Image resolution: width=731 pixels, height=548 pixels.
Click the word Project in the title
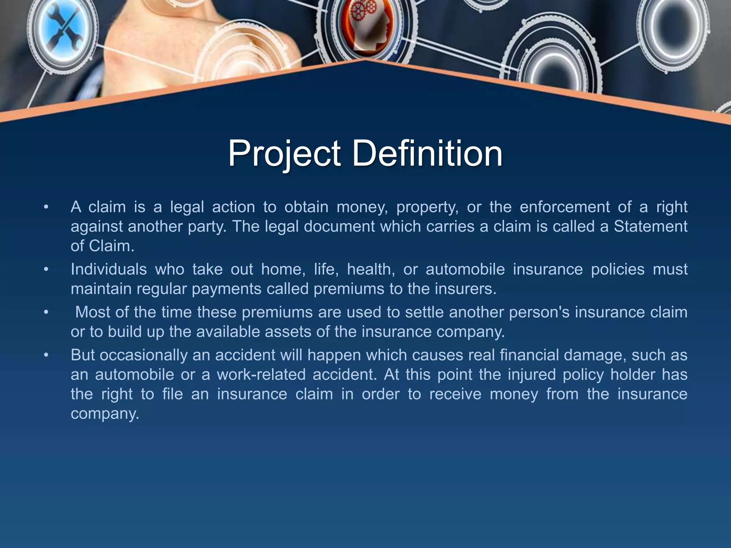284,154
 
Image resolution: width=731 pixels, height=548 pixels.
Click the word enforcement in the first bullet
564,207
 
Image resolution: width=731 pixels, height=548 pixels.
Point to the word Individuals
109,269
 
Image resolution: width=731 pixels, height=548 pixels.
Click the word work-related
261,375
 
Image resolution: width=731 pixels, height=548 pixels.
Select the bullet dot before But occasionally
46,355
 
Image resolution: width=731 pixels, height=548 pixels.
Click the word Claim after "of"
111,246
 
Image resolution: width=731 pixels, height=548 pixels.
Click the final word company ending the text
104,414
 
